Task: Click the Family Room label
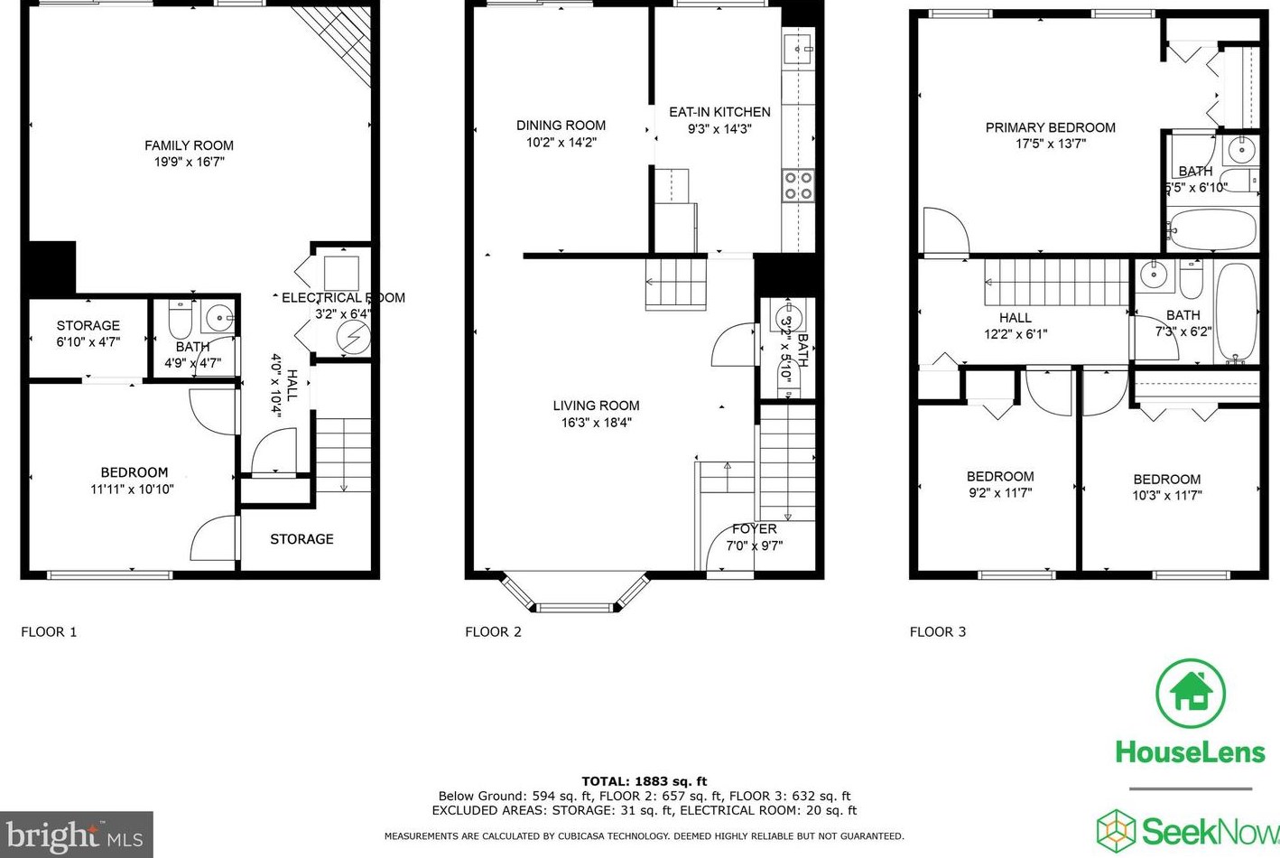pos(189,145)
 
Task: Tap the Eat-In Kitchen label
pos(719,112)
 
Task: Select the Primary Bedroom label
pos(1050,127)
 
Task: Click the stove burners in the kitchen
pos(798,185)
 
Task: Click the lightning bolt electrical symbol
pos(352,338)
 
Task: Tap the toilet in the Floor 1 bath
pos(181,320)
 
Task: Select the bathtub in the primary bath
pos(1210,229)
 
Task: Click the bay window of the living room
pos(575,593)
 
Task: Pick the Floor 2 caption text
pos(493,632)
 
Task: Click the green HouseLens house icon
pos(1191,694)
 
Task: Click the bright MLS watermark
pos(76,835)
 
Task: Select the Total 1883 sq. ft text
pos(644,781)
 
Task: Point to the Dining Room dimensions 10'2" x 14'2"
pos(561,143)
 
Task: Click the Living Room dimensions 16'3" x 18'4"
pos(596,422)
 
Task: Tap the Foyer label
pos(754,529)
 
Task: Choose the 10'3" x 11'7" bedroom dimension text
pos(1166,496)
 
